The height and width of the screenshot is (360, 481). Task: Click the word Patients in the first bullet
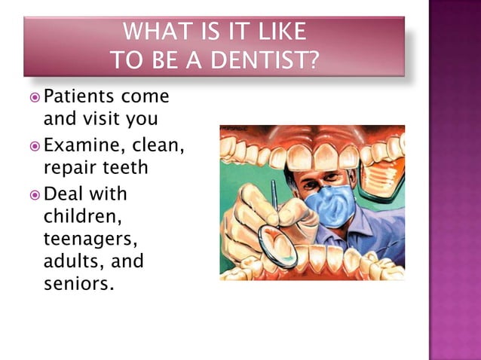(78, 97)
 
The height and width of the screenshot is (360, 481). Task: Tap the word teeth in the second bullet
(126, 166)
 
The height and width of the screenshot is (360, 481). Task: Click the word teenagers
(83, 239)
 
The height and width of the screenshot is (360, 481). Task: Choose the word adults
(72, 261)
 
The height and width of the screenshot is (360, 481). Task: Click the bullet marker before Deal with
(34, 194)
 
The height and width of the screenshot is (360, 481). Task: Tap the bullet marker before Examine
(34, 145)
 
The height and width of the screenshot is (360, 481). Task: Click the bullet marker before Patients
(34, 98)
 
